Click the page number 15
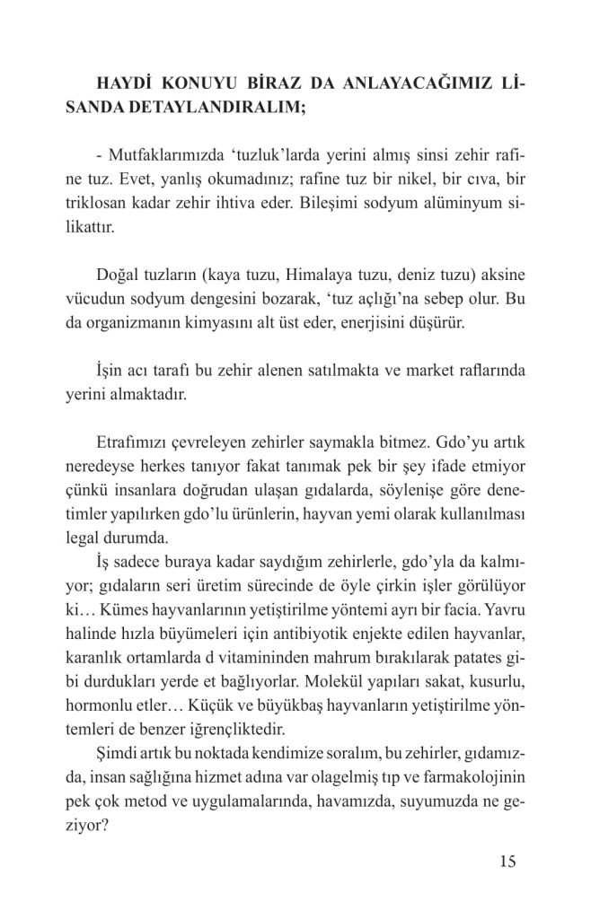point(507,863)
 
